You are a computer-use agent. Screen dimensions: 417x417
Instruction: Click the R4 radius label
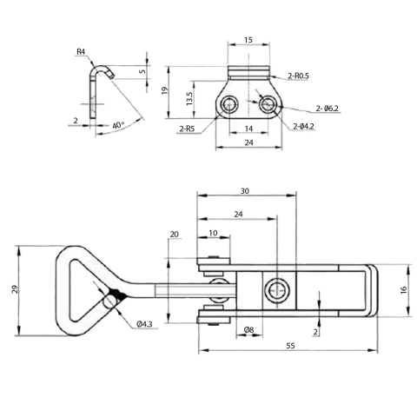tap(81, 52)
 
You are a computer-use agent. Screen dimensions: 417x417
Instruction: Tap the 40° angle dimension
tap(118, 125)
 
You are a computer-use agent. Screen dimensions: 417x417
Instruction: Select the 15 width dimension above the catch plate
tap(248, 40)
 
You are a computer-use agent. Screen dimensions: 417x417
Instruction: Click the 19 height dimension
tap(164, 90)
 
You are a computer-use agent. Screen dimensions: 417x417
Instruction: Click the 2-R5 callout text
tap(186, 129)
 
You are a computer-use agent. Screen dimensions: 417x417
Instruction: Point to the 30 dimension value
tap(246, 192)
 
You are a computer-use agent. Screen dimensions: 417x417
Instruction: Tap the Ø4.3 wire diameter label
tap(145, 323)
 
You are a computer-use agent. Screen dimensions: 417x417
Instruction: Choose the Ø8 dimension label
tap(248, 329)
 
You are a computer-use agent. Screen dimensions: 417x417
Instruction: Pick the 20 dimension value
tap(174, 235)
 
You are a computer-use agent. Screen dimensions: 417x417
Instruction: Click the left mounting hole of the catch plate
tap(228, 105)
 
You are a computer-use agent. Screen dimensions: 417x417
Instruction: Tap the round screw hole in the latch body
tap(276, 290)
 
